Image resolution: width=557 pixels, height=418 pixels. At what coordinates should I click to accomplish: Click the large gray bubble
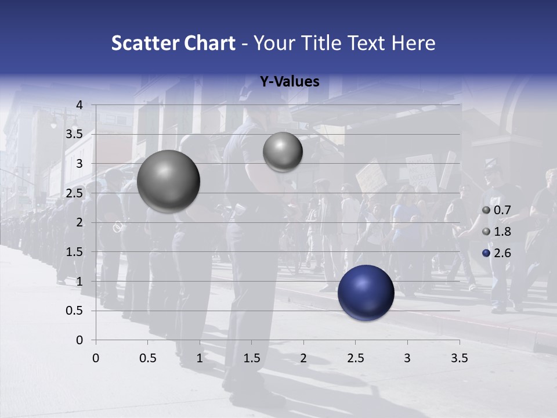pos(168,181)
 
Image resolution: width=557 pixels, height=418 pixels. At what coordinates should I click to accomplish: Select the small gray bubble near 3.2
pos(283,152)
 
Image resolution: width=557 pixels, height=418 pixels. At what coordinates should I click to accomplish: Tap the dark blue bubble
pos(366,293)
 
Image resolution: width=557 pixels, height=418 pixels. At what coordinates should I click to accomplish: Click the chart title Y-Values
pos(289,82)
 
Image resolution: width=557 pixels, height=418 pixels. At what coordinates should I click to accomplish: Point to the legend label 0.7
pos(502,210)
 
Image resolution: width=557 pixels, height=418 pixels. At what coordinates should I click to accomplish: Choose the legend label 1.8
pos(502,232)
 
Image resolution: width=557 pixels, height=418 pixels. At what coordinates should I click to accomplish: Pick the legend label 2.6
pos(502,253)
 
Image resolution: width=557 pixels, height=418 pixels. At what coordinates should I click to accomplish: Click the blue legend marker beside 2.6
pos(486,253)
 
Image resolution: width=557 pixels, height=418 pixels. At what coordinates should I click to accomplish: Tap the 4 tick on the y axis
pos(79,105)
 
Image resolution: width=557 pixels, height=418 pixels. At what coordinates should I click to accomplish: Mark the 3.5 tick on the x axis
pos(459,358)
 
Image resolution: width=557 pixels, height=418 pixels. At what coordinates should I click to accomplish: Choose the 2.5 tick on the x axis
pos(355,358)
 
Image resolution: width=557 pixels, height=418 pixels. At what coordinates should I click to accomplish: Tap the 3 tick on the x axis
pos(407,358)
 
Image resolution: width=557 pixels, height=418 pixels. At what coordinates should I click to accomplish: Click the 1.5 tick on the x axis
pos(251,358)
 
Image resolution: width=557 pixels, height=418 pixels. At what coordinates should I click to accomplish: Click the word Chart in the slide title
pos(209,43)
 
